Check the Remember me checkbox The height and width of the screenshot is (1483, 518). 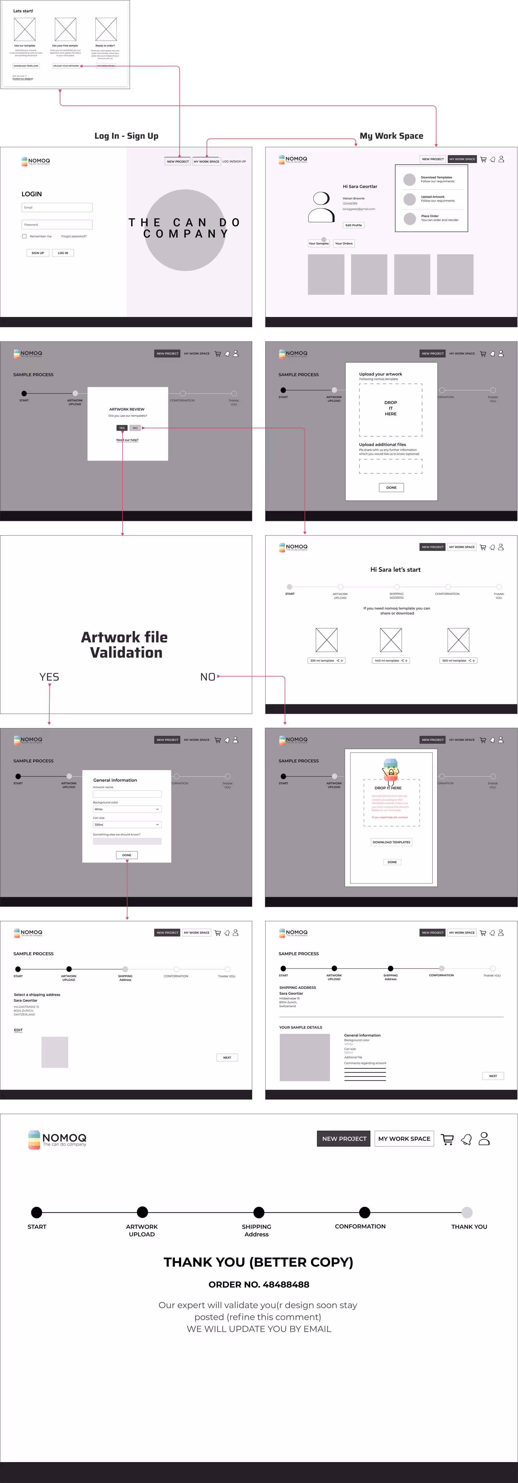(24, 236)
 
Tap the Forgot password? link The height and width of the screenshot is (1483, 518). (74, 236)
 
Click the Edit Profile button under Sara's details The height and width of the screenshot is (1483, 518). (353, 225)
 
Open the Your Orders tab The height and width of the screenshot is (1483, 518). (344, 244)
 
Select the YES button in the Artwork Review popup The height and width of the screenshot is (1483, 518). (121, 428)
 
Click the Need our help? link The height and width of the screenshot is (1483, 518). (127, 440)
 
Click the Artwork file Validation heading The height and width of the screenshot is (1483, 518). (125, 645)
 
